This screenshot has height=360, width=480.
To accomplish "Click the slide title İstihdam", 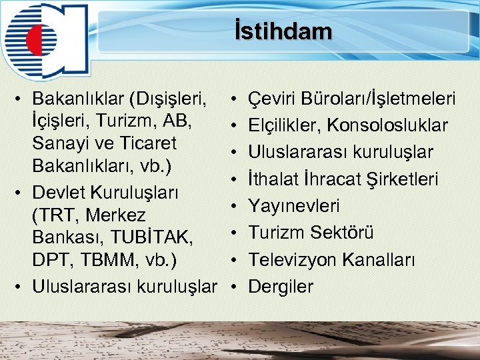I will (283, 31).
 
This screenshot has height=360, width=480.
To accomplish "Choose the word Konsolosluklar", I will (392, 126).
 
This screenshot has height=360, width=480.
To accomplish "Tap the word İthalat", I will (275, 179).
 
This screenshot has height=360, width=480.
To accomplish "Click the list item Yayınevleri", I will (294, 206).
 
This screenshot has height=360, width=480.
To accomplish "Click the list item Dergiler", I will (281, 287).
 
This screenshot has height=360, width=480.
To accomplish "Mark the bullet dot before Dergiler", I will (234, 287).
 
